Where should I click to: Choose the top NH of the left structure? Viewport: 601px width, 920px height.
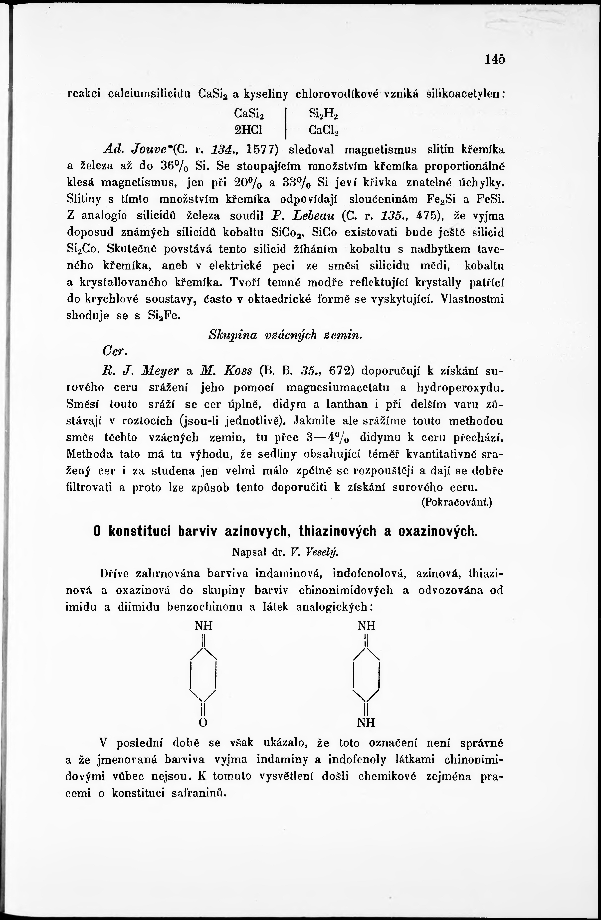[203, 626]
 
